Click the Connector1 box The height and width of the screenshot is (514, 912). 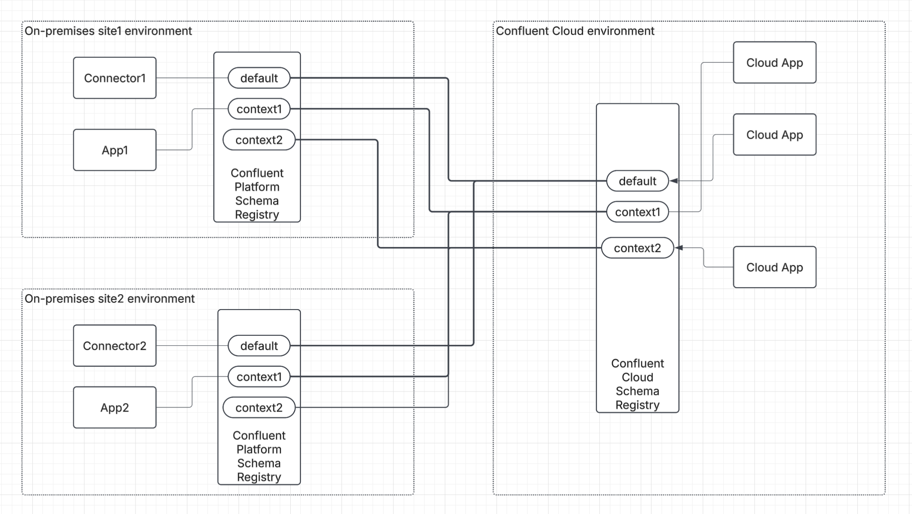pyautogui.click(x=114, y=78)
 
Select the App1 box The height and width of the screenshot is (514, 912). pyautogui.click(x=114, y=150)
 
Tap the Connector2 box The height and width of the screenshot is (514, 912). pyautogui.click(x=114, y=345)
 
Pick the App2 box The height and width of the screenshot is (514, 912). pyautogui.click(x=114, y=407)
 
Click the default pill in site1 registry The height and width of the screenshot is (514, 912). pyautogui.click(x=259, y=78)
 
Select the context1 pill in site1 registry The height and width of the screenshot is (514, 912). pyautogui.click(x=259, y=109)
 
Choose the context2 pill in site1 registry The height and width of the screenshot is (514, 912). pyautogui.click(x=259, y=140)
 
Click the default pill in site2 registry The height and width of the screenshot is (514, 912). pyautogui.click(x=259, y=345)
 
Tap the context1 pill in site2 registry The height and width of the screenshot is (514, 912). pyautogui.click(x=259, y=377)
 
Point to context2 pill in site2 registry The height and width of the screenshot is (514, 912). pyautogui.click(x=259, y=408)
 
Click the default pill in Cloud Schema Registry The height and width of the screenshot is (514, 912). pyautogui.click(x=637, y=181)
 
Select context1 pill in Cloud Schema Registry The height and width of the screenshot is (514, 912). pyautogui.click(x=637, y=212)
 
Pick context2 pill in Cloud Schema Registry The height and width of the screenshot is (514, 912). pyautogui.click(x=637, y=248)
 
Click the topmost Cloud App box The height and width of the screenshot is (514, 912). pyautogui.click(x=774, y=63)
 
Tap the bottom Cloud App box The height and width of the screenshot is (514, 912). pyautogui.click(x=774, y=267)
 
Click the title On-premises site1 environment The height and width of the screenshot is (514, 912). pyautogui.click(x=108, y=31)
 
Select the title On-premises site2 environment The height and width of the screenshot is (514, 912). pyautogui.click(x=109, y=299)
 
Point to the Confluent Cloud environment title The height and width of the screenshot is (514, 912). pyautogui.click(x=575, y=31)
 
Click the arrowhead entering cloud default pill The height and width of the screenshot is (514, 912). pyautogui.click(x=674, y=181)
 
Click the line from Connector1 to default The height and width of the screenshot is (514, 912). pyautogui.click(x=192, y=78)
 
